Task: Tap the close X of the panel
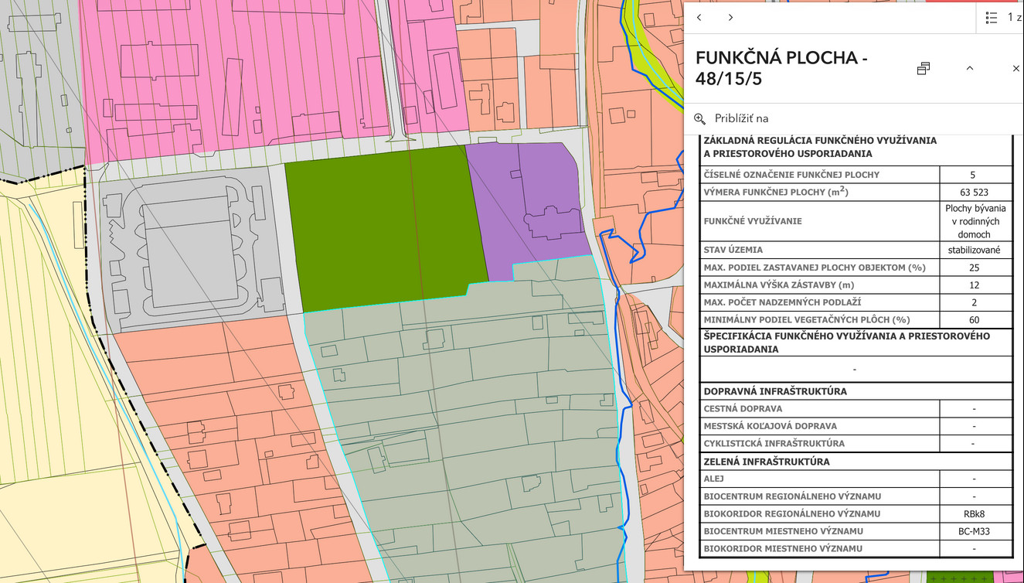tap(1015, 69)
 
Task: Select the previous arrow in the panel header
tap(699, 18)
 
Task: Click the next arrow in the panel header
tap(730, 18)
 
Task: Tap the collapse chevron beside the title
tap(970, 69)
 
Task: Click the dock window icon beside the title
tap(924, 69)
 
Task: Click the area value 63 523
tap(975, 193)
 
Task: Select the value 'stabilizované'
tap(975, 250)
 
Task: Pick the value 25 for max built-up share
tap(975, 268)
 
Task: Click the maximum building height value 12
tap(975, 285)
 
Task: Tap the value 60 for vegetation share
tap(975, 319)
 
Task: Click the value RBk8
tap(975, 513)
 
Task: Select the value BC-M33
tap(975, 531)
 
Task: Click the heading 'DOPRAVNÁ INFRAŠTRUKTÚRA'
tap(775, 391)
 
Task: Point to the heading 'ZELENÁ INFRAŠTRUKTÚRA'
tap(767, 462)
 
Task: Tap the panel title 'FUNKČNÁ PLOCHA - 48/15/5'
tap(781, 68)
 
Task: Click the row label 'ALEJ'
tap(715, 479)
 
